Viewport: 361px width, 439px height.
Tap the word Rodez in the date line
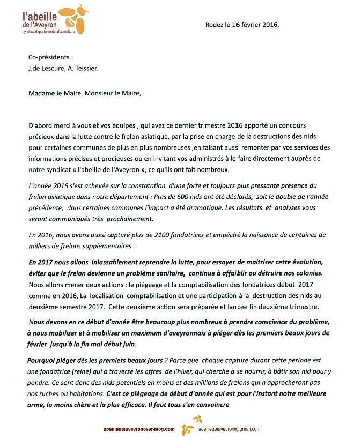pos(215,25)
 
